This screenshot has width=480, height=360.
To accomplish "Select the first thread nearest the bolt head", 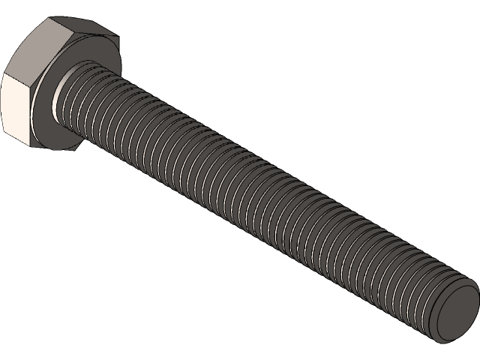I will click(x=75, y=97).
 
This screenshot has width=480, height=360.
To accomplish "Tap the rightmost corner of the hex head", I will click(x=118, y=33).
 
